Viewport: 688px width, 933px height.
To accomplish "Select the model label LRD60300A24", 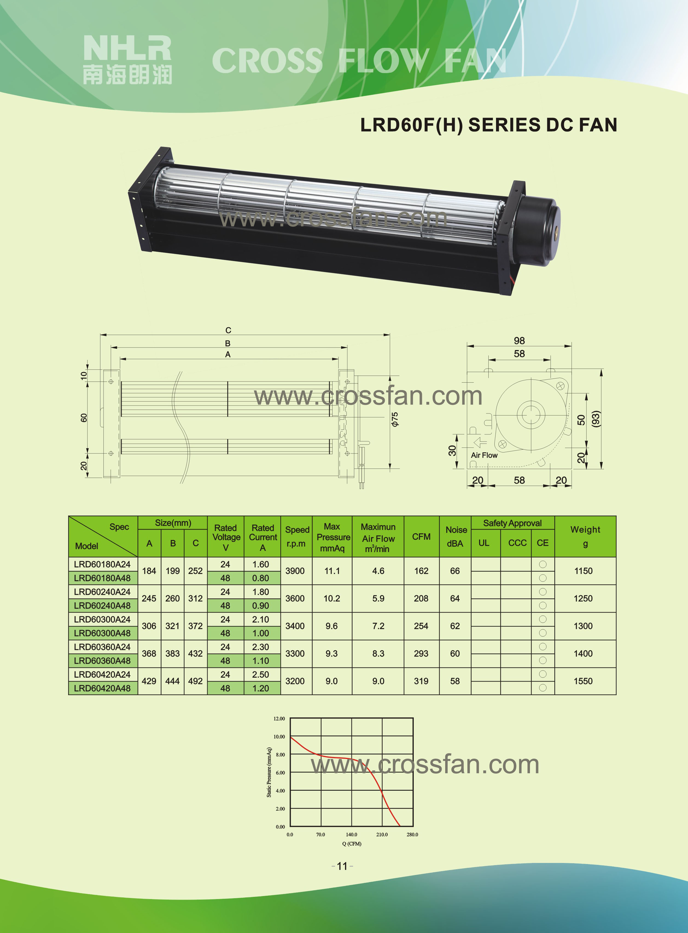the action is (102, 620).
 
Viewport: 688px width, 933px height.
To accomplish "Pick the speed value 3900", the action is (295, 571).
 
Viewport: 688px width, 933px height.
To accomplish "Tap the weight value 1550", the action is (583, 681).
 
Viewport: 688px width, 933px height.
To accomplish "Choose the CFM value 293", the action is (421, 653).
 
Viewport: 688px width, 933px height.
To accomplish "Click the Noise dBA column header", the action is (456, 536).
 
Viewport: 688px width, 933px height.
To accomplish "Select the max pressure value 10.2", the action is (332, 598).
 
